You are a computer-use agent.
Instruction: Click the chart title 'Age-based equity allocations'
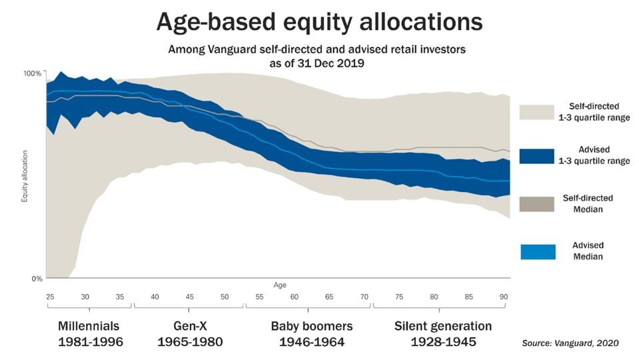click(319, 21)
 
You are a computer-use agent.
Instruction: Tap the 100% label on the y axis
click(33, 73)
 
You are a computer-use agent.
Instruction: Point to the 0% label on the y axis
click(37, 279)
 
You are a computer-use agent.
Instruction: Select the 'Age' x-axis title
click(280, 285)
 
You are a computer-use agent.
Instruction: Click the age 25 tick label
click(50, 297)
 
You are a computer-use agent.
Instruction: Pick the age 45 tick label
click(189, 297)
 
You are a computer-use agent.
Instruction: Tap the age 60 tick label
click(294, 297)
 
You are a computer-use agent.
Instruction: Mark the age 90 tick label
click(504, 297)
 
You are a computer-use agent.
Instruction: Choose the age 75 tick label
click(398, 297)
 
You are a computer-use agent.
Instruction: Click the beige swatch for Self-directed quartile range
click(537, 111)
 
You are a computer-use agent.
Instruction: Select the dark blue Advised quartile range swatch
click(537, 156)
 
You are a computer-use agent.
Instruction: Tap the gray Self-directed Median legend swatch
click(537, 204)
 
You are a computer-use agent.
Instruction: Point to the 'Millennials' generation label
click(89, 326)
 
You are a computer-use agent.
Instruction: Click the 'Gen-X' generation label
click(189, 326)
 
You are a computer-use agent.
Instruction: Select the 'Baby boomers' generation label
click(311, 326)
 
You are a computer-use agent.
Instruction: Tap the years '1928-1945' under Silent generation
click(442, 342)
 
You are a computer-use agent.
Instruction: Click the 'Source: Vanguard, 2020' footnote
click(570, 343)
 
